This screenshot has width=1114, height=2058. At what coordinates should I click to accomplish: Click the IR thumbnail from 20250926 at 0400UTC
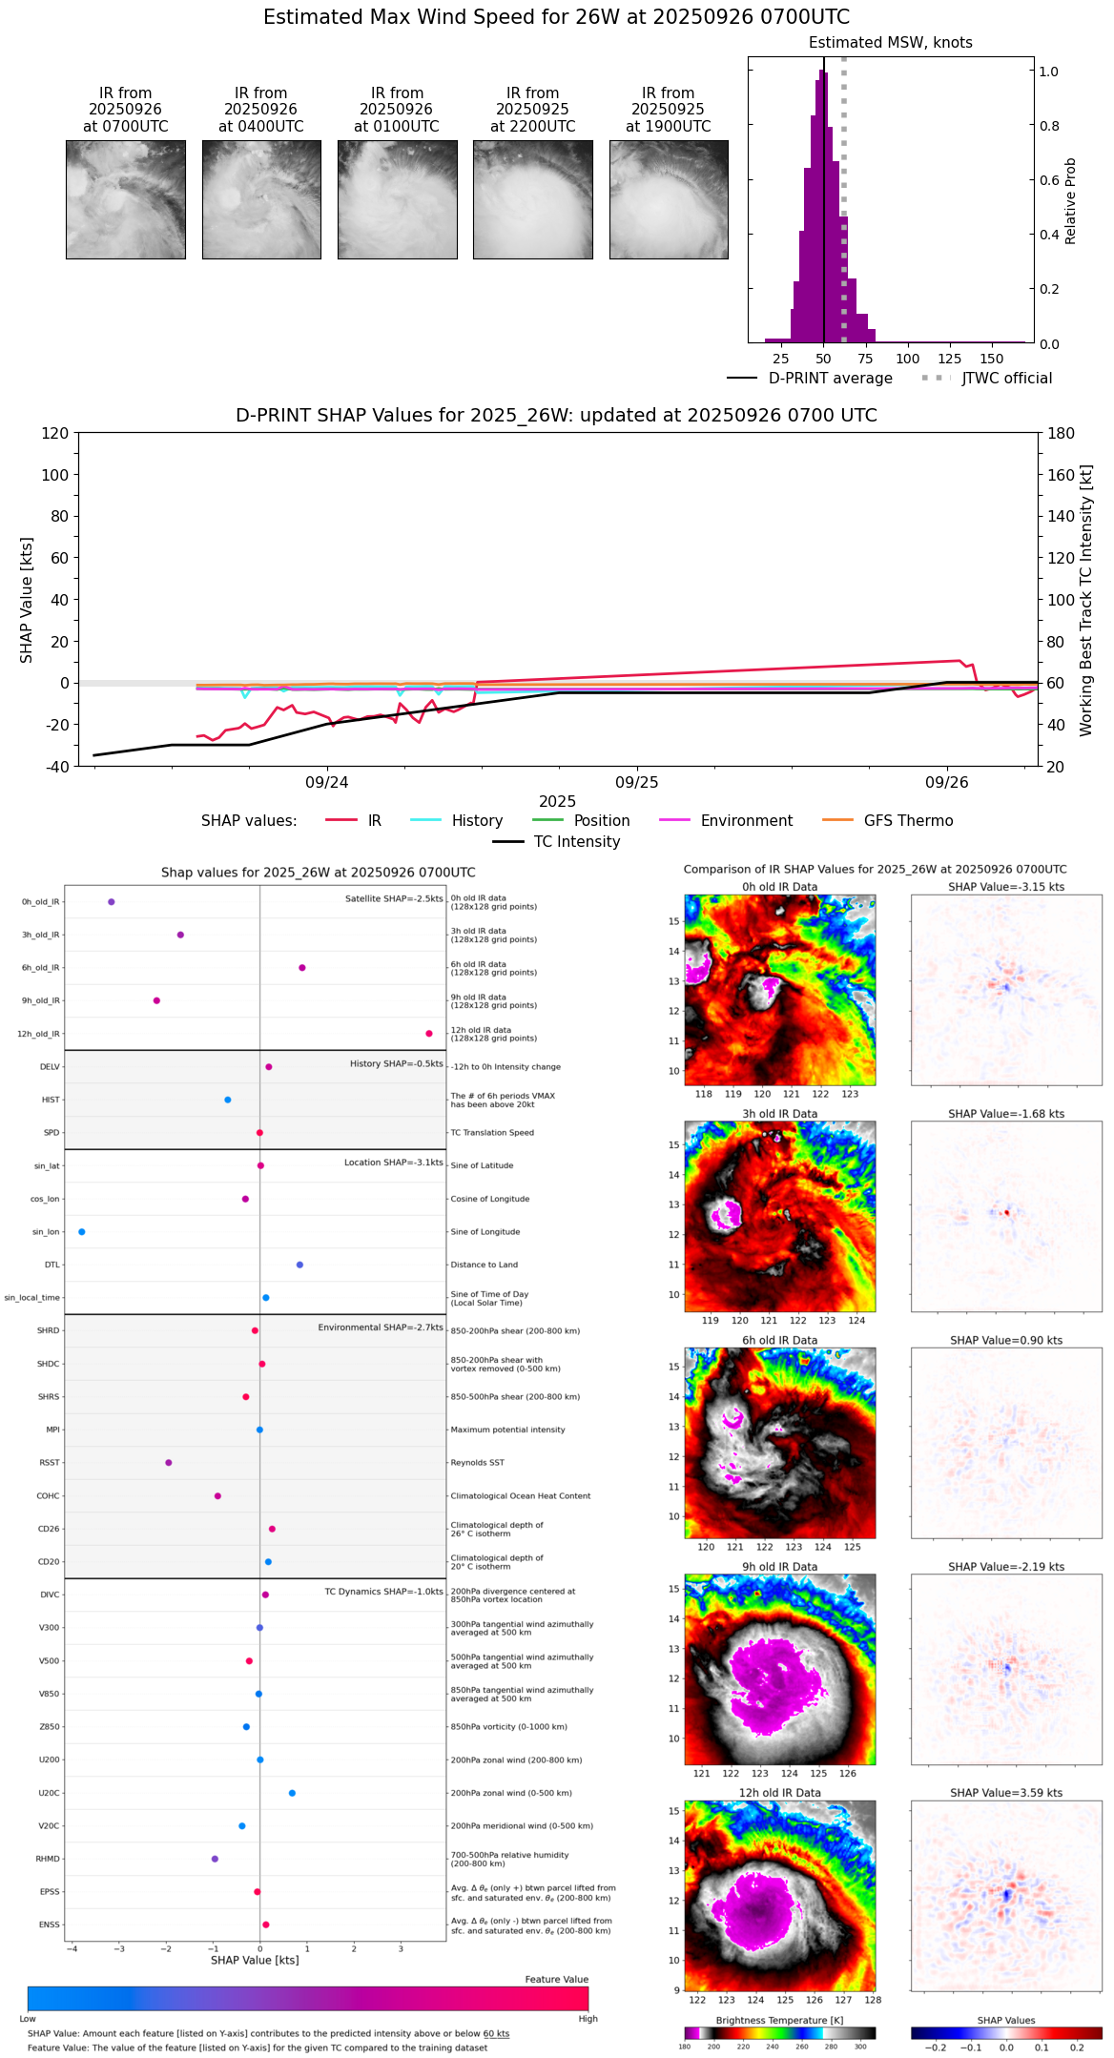261,199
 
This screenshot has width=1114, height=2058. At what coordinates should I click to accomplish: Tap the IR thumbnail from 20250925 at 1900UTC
669,199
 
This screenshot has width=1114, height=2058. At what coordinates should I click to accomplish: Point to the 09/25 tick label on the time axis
636,782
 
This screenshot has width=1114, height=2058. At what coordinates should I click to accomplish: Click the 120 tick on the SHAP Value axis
55,433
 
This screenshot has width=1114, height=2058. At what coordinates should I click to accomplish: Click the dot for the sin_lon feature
82,1232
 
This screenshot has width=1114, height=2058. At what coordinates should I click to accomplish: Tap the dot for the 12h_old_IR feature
429,1034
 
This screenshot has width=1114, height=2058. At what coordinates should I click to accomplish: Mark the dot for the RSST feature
169,1463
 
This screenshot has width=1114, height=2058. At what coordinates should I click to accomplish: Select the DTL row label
52,1266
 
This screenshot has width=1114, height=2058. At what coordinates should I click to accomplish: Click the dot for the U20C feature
292,1793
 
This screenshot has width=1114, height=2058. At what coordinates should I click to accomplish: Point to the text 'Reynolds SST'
477,1463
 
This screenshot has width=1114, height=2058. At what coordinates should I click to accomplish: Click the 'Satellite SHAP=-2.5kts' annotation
394,898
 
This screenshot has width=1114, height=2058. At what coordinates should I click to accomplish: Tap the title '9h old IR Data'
779,1567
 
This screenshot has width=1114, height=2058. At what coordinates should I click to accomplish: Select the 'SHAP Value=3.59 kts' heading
1006,1793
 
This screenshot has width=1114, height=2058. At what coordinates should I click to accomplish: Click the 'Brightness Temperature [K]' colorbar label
779,2021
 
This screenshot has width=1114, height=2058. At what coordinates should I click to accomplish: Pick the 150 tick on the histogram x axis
992,359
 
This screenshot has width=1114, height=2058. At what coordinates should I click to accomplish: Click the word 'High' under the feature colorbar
588,2019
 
